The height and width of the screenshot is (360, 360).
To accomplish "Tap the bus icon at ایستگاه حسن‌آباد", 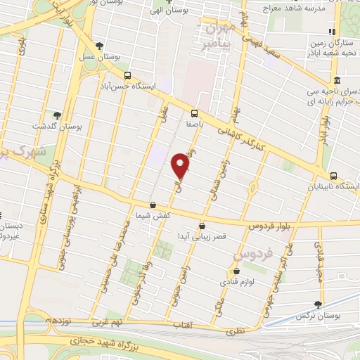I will coord(127,75).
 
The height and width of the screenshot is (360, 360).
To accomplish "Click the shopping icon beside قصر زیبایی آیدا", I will coord(202,226).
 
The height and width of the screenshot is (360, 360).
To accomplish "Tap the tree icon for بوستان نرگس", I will coord(319,304).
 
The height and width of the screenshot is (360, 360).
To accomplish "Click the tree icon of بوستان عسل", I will coord(99,46).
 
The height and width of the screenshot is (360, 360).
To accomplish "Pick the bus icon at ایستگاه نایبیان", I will coord(334,176).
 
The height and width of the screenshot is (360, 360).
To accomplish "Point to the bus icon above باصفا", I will coord(193,112).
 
